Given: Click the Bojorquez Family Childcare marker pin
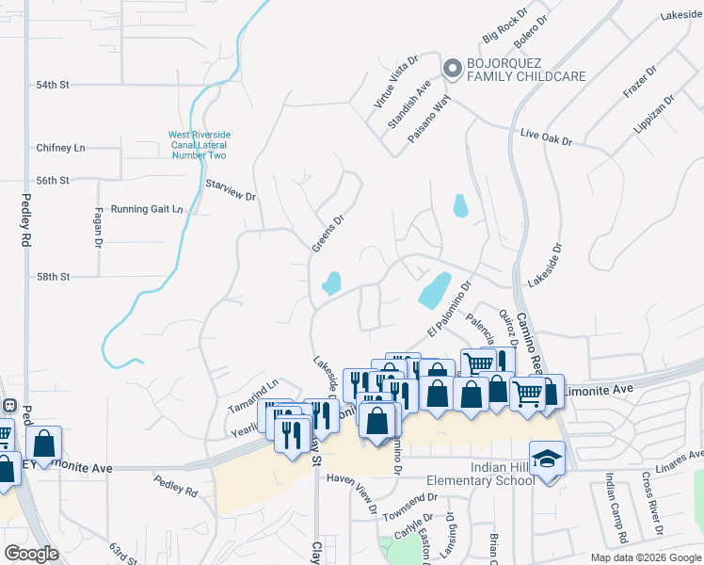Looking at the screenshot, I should (453, 67).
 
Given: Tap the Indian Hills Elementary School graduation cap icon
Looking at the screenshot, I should (547, 460).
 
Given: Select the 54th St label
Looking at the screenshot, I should (54, 85).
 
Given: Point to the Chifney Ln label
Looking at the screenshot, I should (60, 148).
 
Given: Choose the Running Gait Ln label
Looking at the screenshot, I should (147, 209).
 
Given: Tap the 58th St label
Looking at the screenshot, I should (54, 277).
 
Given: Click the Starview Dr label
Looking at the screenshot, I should (231, 188).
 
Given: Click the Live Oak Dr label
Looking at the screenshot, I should (546, 137).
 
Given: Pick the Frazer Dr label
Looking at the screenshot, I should (637, 86).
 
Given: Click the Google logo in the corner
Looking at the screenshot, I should (31, 554).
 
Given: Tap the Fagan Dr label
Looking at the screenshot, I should (98, 228).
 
